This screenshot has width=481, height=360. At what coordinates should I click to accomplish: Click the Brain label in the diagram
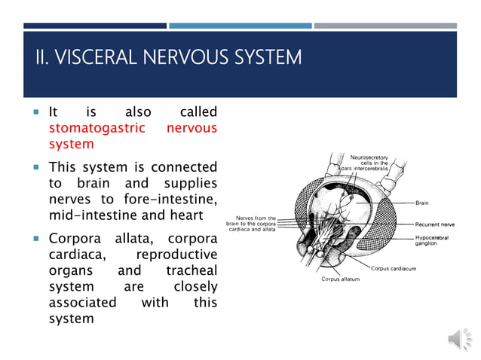(x=422, y=203)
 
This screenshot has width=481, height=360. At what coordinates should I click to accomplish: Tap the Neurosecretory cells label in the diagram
(x=369, y=163)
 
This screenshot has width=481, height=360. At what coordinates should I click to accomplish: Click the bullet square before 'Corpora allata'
(x=35, y=239)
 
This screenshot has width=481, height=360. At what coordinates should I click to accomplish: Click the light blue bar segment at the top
(x=240, y=26)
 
